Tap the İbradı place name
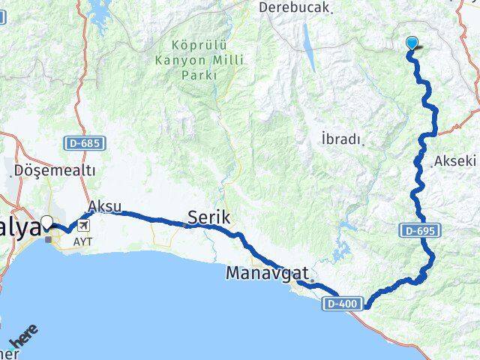pos(341,139)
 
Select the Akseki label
pos(454,160)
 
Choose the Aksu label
pos(104,205)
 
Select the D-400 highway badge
pos(345,304)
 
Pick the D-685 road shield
pos(82,142)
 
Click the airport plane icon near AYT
pos(81,225)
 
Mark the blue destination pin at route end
pos(412,43)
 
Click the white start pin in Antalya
pos(48,222)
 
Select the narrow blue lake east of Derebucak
pos(308,39)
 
